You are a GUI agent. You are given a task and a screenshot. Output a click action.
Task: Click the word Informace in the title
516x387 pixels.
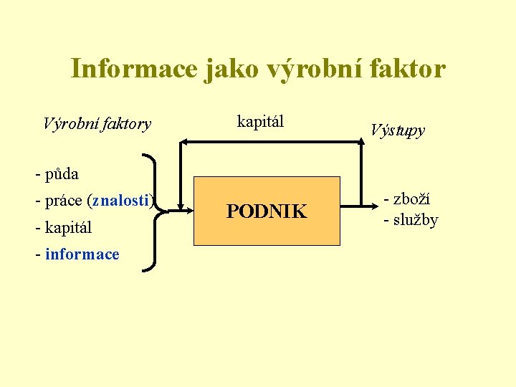tap(133, 69)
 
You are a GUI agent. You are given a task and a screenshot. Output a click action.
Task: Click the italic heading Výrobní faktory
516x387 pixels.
tap(97, 124)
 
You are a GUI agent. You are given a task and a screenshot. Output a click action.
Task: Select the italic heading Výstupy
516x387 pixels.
tap(398, 130)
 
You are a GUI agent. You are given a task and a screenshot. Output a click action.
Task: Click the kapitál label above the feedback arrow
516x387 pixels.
tap(260, 121)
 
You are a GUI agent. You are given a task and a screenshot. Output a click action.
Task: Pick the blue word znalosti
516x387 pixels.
tap(120, 201)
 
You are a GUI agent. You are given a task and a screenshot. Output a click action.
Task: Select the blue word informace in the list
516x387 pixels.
tap(82, 254)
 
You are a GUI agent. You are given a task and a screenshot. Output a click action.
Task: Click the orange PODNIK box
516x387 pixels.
tap(267, 211)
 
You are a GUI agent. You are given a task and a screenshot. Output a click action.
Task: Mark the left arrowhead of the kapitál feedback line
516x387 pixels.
tap(182, 143)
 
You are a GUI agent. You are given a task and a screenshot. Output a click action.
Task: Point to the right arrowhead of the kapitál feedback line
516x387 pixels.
tap(360, 143)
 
